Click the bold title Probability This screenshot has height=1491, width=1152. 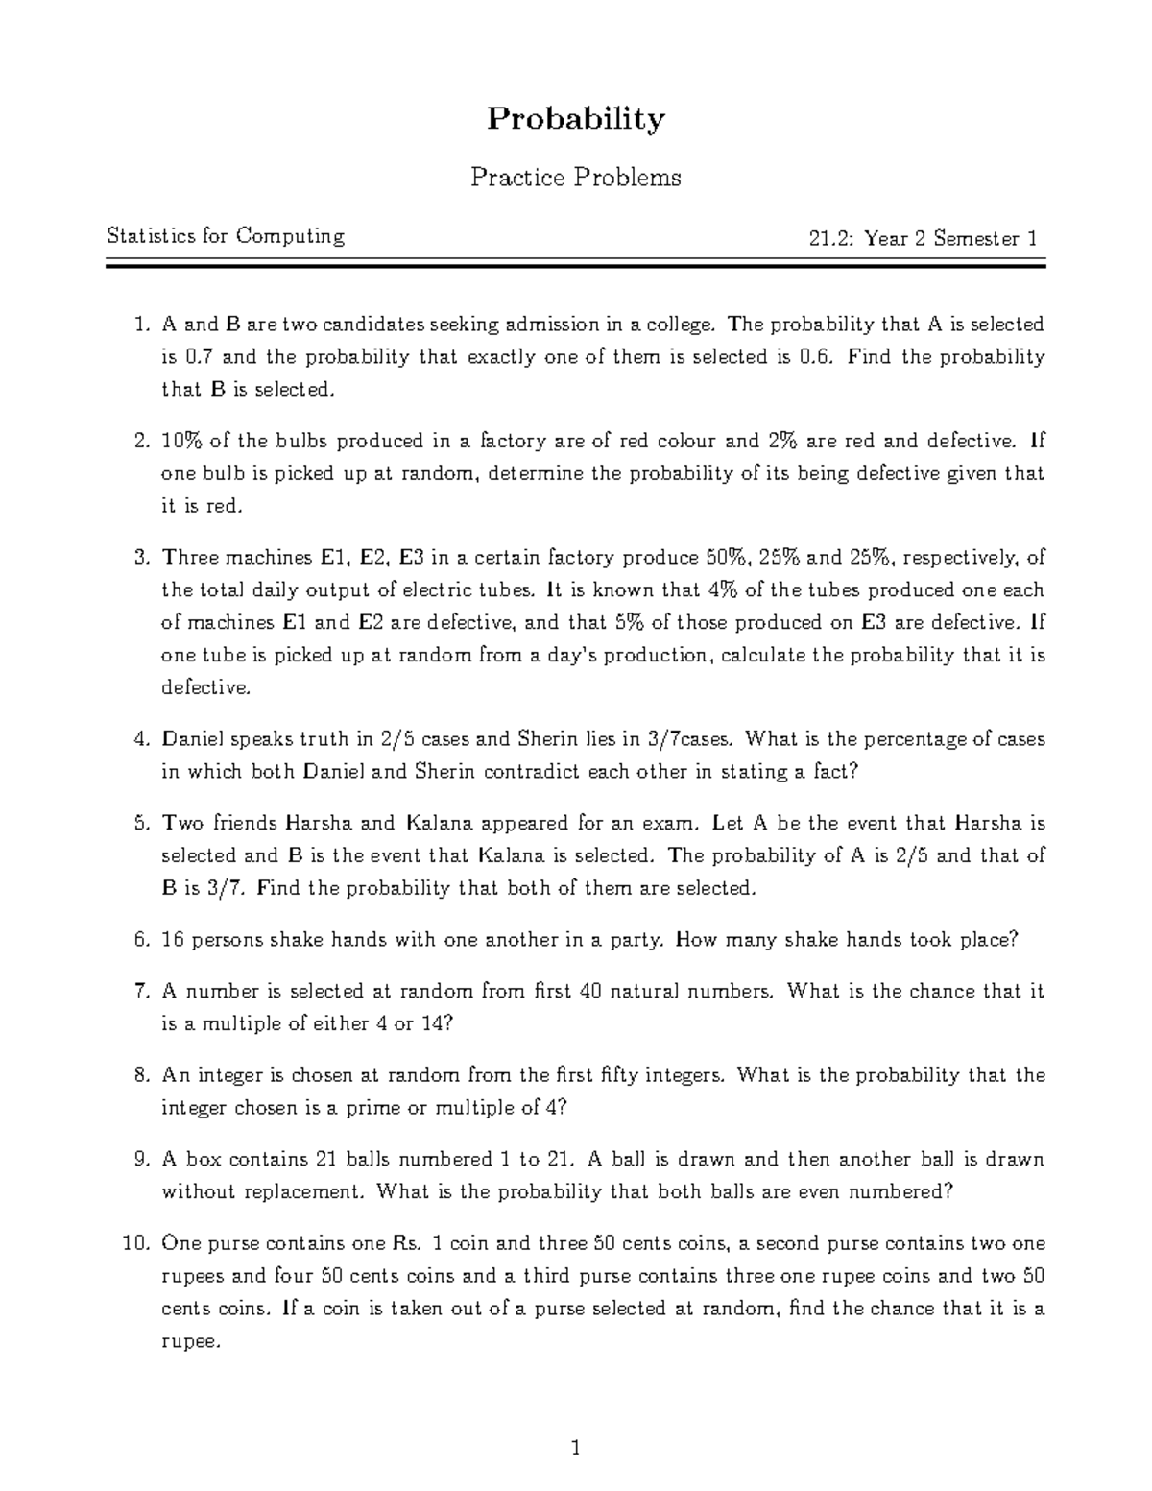575,119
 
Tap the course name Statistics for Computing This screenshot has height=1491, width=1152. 226,236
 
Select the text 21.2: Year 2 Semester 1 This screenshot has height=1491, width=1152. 923,239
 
